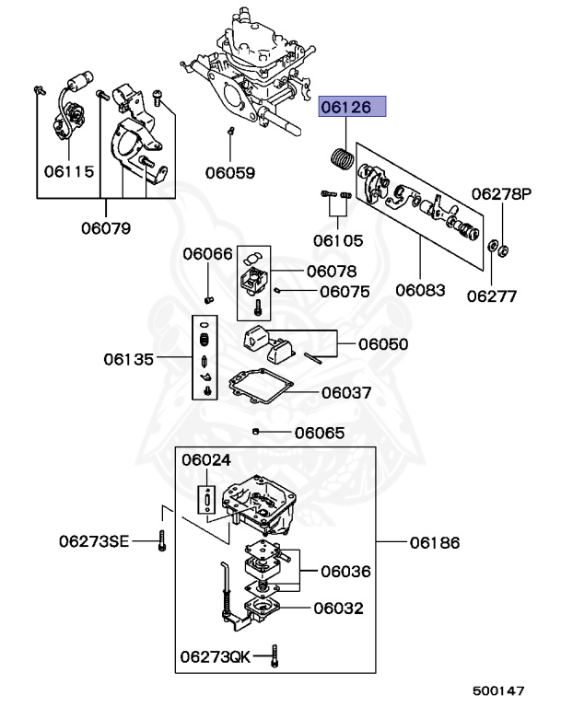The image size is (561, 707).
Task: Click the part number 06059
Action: pos(230,171)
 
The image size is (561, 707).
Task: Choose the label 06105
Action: pos(337,240)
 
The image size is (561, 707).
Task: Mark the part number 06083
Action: pos(421,290)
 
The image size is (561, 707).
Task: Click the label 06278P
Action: pos(502,194)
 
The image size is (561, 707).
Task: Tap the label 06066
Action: pos(207,254)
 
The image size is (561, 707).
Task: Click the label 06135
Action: pos(129,358)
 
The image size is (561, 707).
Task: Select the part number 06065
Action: pos(320,433)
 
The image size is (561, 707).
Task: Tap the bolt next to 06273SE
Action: pos(161,540)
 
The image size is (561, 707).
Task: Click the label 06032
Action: pos(338,608)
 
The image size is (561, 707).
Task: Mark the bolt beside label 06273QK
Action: pos(277,656)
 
